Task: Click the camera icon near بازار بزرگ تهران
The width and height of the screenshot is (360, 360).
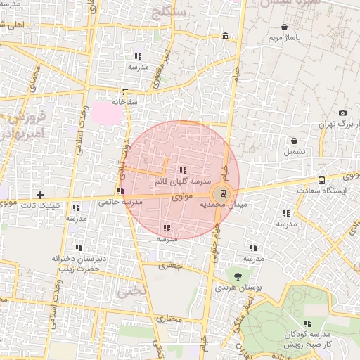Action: click(x=342, y=113)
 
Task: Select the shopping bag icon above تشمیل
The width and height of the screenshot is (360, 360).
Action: click(x=295, y=141)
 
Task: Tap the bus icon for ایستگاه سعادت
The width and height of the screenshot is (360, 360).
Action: click(x=321, y=179)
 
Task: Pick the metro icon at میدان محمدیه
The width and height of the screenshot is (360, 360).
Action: click(x=223, y=193)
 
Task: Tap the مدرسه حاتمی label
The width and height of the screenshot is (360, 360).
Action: click(x=121, y=202)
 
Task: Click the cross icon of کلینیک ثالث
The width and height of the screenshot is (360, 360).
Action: click(x=40, y=195)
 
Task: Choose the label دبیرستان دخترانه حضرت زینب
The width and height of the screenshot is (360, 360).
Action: click(x=78, y=263)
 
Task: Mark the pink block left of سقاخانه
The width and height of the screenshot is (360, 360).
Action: click(x=106, y=110)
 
